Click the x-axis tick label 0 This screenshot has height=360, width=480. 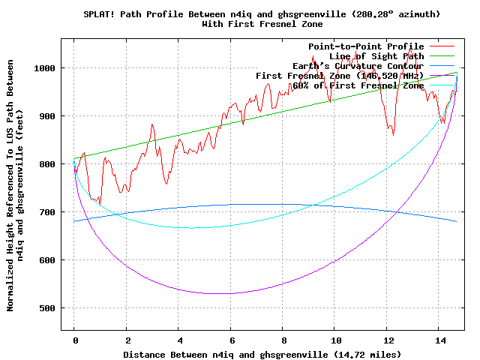[74, 340]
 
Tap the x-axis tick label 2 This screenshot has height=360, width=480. [127, 340]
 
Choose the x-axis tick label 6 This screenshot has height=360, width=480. [231, 340]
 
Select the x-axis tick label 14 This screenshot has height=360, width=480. [439, 340]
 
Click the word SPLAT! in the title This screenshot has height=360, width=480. [99, 14]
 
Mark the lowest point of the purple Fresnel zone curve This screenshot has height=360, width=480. [217, 293]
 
